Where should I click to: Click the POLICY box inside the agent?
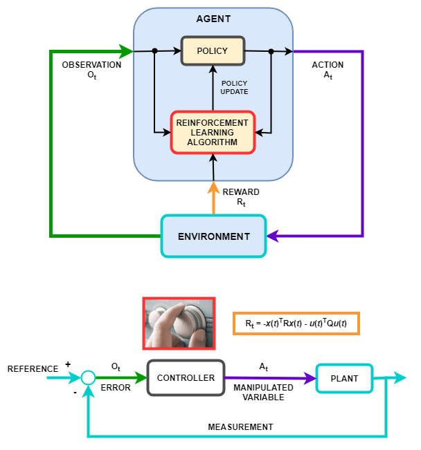[213, 51]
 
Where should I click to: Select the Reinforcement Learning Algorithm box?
[213, 132]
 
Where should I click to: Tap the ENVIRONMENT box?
[213, 236]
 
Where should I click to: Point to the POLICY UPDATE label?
[234, 88]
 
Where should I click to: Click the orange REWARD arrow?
[213, 197]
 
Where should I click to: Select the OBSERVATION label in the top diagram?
[91, 65]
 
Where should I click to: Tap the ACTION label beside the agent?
[328, 65]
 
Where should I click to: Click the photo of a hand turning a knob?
[179, 324]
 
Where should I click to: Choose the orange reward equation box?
[296, 323]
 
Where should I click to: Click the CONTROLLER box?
[186, 378]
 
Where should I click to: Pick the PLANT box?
[344, 378]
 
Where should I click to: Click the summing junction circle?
[88, 377]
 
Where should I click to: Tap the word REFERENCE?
[33, 369]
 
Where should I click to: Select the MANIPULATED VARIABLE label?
[263, 393]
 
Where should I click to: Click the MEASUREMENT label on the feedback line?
[240, 426]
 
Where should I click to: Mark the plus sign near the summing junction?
[68, 364]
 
